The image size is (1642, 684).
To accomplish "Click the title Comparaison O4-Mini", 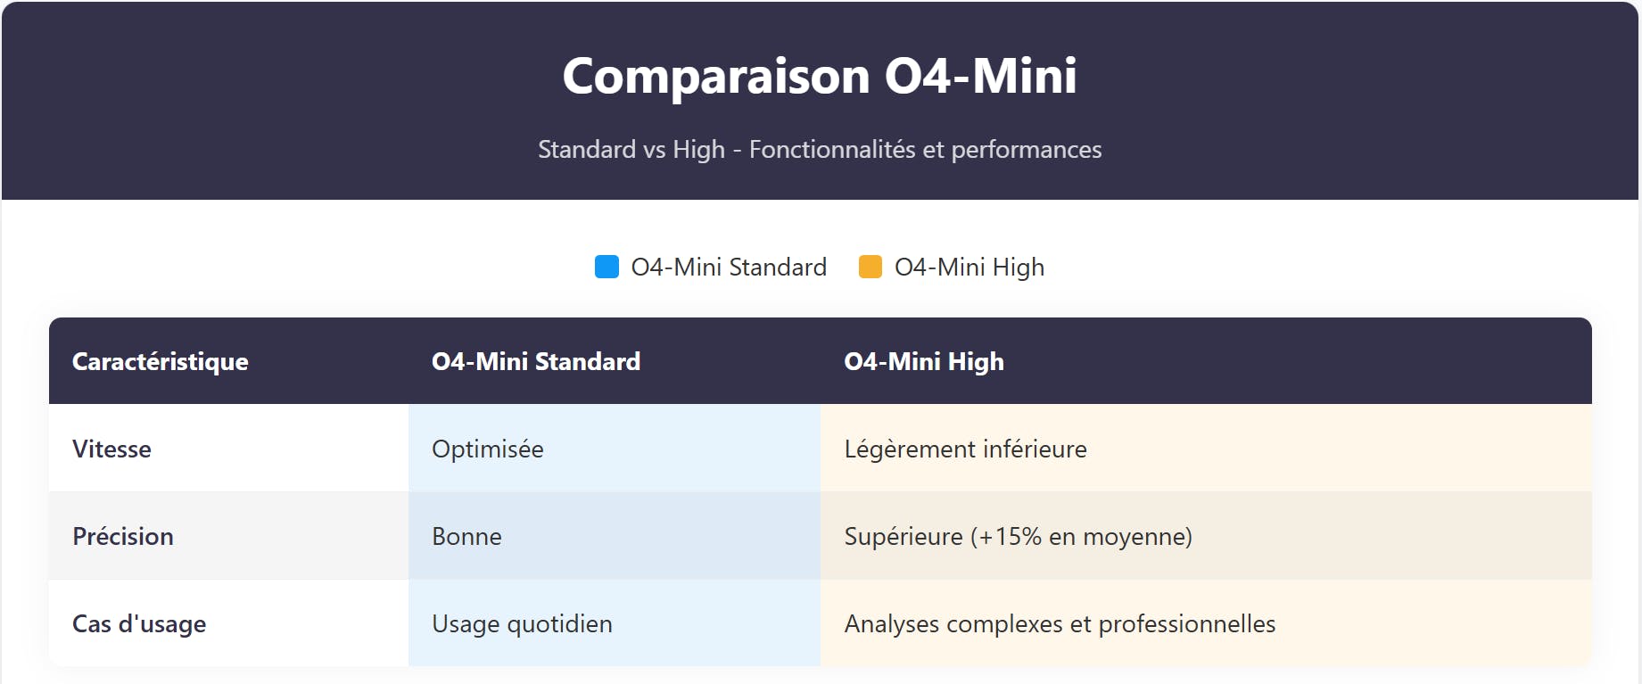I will [820, 76].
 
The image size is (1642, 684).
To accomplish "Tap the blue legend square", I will [606, 267].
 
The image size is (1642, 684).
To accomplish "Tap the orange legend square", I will [870, 267].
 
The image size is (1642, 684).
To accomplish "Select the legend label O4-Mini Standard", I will [729, 267].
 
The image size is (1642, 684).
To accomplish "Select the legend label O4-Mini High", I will [970, 267].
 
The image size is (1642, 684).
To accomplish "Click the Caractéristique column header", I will [161, 361].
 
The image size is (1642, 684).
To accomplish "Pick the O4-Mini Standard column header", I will [536, 361].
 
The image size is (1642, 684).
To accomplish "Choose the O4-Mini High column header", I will [924, 361].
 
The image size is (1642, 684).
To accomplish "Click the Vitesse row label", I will [111, 449].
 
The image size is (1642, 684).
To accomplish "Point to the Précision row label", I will [123, 536].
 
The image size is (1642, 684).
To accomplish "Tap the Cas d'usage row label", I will [139, 623].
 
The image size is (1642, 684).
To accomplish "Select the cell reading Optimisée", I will [488, 449].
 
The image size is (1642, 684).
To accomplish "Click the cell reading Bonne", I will [466, 536].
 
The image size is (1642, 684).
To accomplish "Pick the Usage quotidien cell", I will [522, 623].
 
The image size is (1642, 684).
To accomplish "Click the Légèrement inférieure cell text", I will [965, 449].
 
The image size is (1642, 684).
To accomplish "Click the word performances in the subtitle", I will [1026, 149].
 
